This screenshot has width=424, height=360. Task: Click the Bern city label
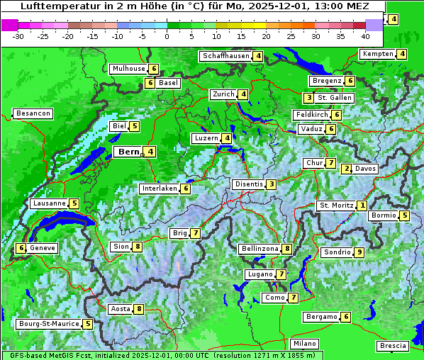[x=129, y=152]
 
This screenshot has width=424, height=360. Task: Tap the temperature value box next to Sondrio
[x=359, y=252]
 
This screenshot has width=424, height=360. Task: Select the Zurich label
[x=223, y=94]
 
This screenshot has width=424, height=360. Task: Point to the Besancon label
[x=33, y=113]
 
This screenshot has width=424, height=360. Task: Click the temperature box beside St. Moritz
[x=362, y=206]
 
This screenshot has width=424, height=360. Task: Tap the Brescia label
[x=393, y=346]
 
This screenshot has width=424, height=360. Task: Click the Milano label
[x=306, y=343]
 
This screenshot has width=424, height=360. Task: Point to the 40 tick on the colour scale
[x=365, y=36]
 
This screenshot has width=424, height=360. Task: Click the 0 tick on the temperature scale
[x=167, y=36]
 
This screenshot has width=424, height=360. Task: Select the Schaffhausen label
[x=226, y=56]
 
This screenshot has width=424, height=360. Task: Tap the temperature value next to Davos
[x=347, y=169]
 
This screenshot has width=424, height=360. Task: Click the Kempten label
[x=378, y=54]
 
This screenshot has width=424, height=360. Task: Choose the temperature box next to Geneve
[x=21, y=248]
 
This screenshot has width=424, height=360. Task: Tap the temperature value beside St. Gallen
[x=308, y=97]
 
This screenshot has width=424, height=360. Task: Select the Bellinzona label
[x=259, y=249]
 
